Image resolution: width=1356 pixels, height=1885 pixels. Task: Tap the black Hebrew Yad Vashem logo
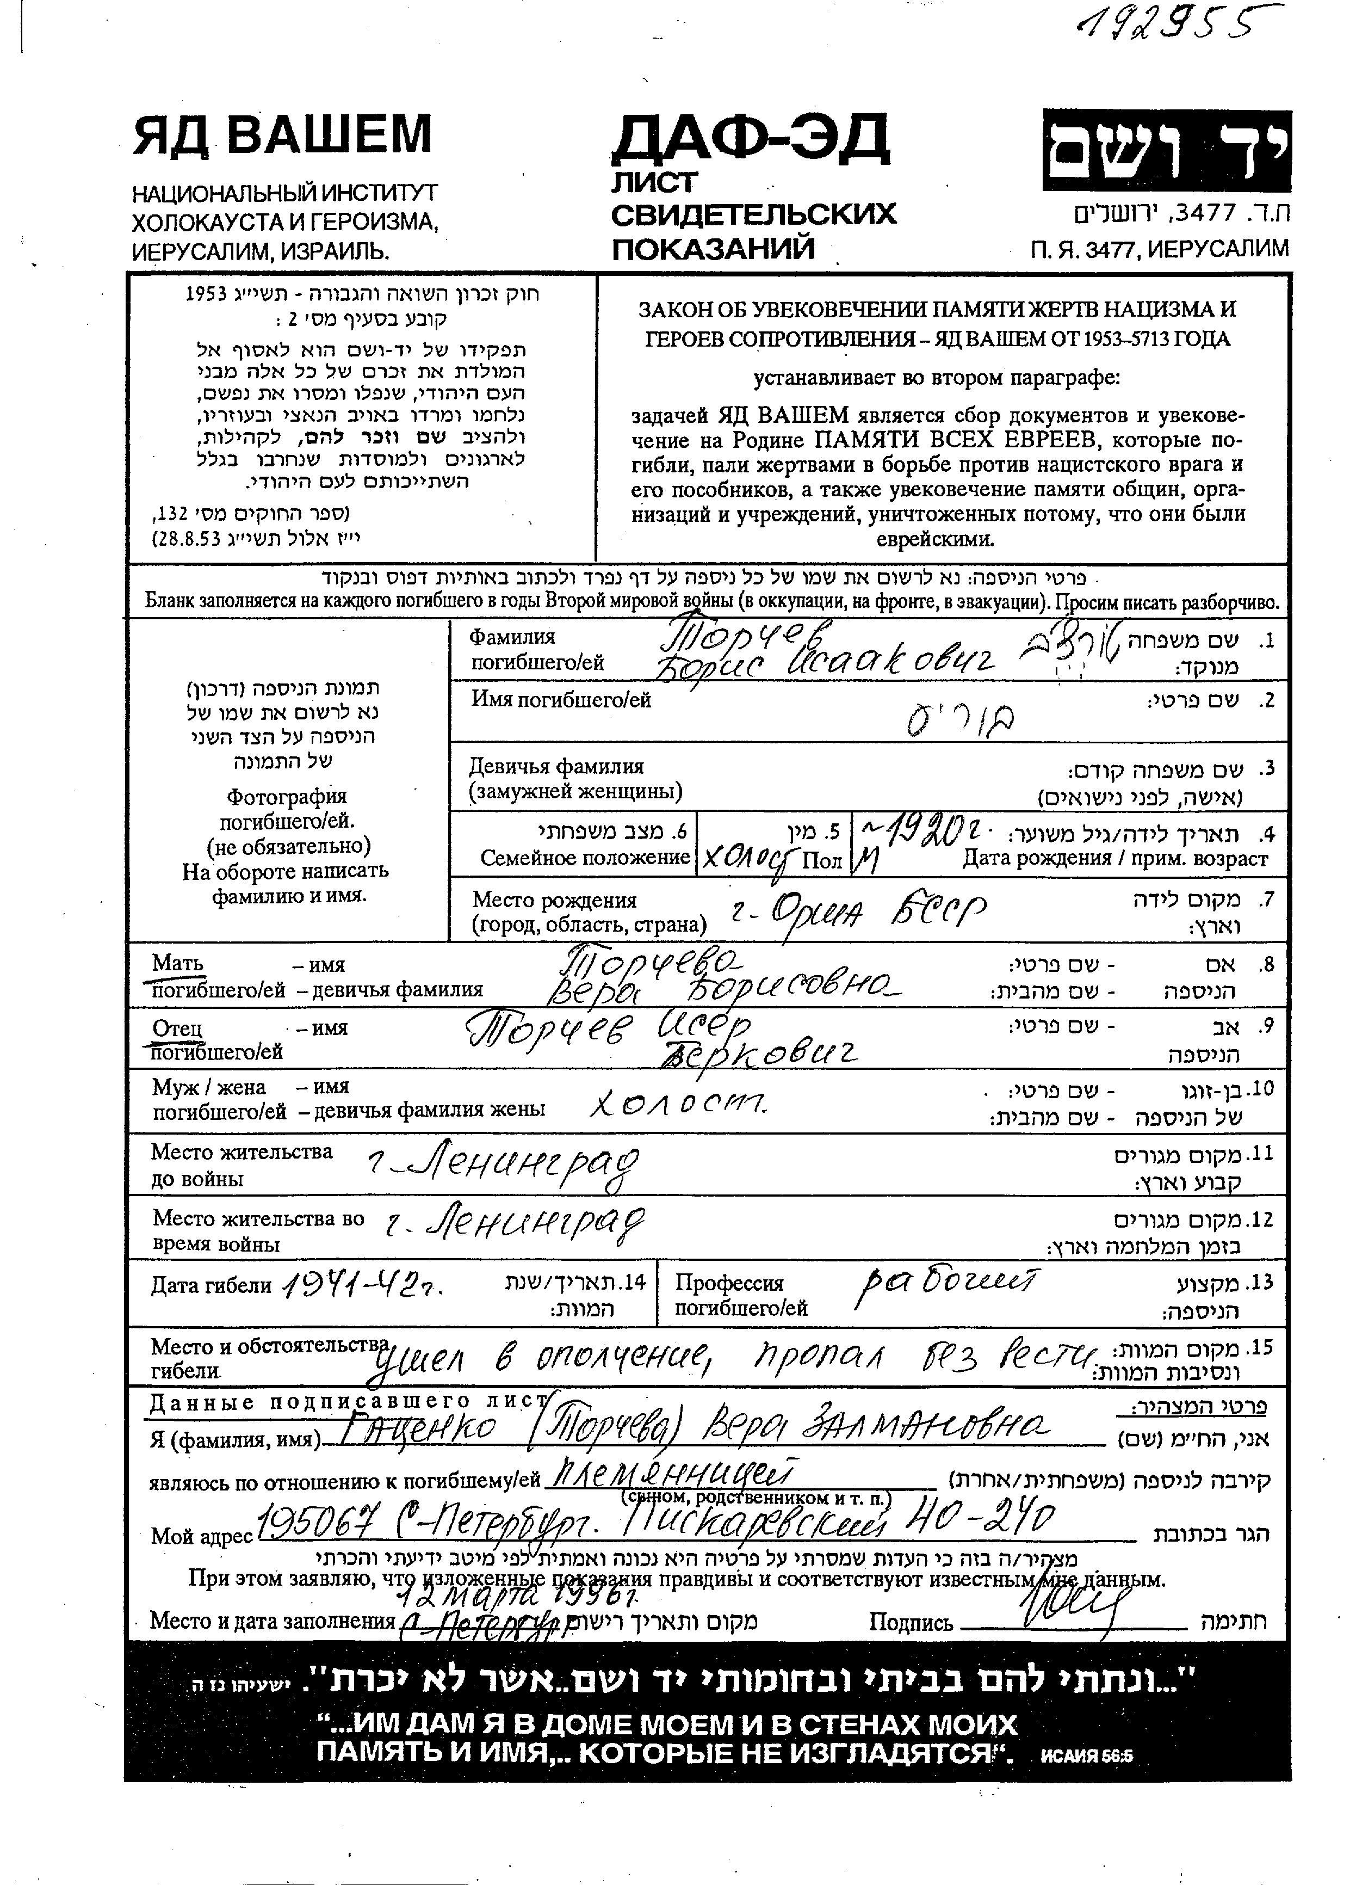pyautogui.click(x=1167, y=151)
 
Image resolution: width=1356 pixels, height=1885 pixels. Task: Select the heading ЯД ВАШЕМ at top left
pyautogui.click(x=282, y=134)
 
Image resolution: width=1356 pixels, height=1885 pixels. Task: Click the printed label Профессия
pyautogui.click(x=729, y=1283)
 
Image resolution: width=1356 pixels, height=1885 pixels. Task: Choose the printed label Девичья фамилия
pyautogui.click(x=556, y=766)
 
